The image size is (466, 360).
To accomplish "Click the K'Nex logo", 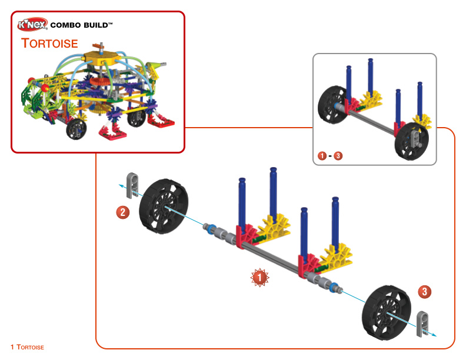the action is [x=32, y=24].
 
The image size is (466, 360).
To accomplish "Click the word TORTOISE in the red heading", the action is [x=49, y=44].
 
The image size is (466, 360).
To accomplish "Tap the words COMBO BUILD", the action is [x=81, y=25].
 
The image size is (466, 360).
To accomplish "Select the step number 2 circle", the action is [x=123, y=213].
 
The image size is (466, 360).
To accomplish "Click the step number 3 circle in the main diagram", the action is [x=424, y=292].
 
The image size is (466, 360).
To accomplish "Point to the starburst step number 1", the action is [x=259, y=278].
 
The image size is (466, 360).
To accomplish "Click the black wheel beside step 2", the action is [x=164, y=206].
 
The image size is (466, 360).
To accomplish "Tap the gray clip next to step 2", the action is [x=132, y=185].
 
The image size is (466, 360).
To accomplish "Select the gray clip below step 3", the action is [x=422, y=324].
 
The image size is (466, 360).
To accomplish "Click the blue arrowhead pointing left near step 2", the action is [x=121, y=186].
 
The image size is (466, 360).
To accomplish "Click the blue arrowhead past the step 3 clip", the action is [x=434, y=335].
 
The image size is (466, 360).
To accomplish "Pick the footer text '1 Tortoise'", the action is [x=27, y=347].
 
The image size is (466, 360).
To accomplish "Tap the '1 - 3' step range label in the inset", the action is [x=330, y=156].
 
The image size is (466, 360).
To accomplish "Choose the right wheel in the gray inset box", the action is [x=412, y=141].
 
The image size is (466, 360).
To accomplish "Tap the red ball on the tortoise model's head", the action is [x=45, y=88].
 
